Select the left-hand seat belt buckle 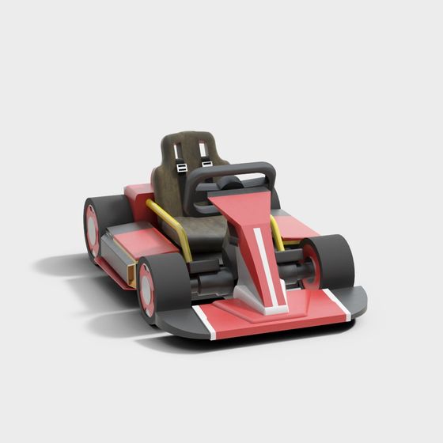coord(181,168)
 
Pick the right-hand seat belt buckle coord(207,164)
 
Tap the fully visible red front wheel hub coord(146,289)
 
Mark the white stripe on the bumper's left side coord(206,322)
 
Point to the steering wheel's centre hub coord(229,183)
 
